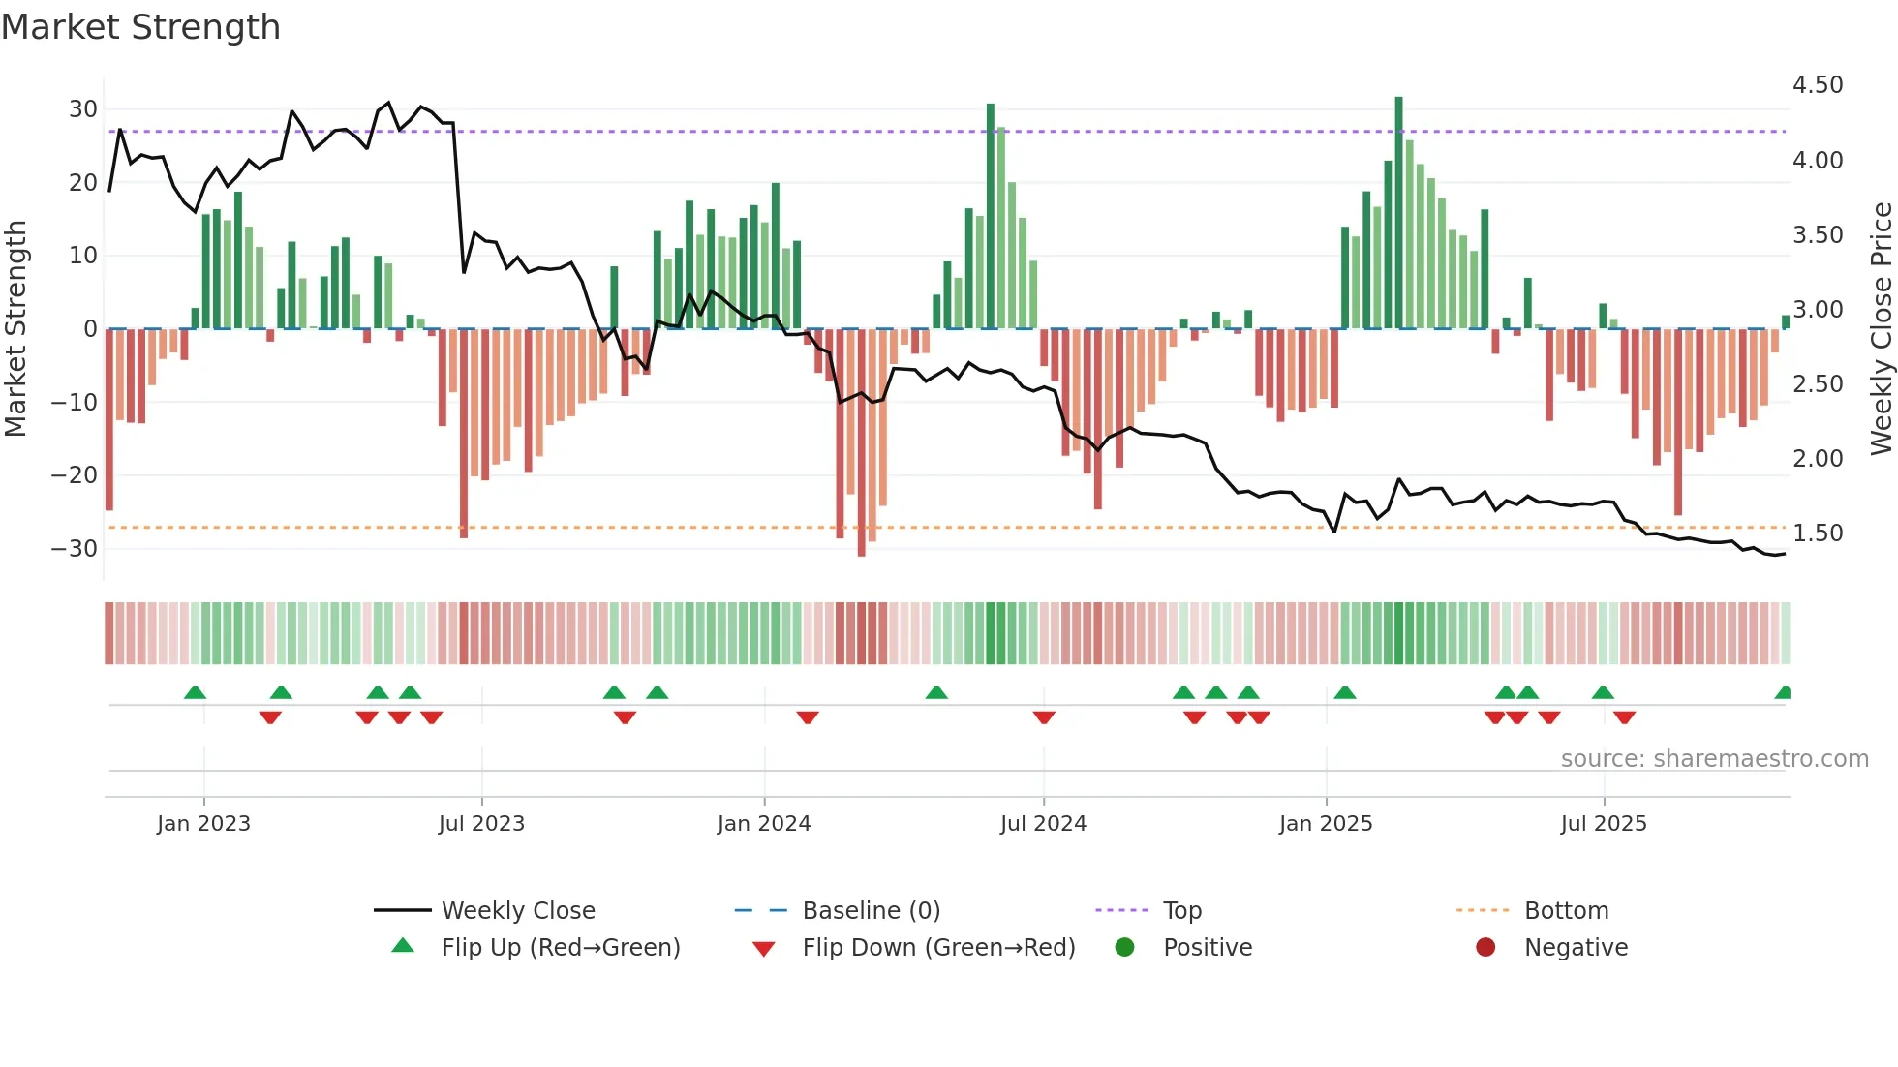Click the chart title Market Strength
tap(140, 27)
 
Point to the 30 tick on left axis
tap(83, 109)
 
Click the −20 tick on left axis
tap(75, 475)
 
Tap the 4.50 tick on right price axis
tap(1818, 85)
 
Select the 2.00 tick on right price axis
tap(1818, 459)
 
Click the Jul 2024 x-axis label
tap(1043, 824)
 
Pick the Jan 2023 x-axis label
tap(203, 824)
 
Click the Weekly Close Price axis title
tap(1881, 329)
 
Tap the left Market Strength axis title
tap(15, 329)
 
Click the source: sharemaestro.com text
tap(1714, 759)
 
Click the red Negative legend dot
tap(1485, 948)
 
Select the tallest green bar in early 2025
tap(1398, 213)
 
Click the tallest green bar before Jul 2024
tap(991, 216)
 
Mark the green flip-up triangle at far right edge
tap(1783, 693)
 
